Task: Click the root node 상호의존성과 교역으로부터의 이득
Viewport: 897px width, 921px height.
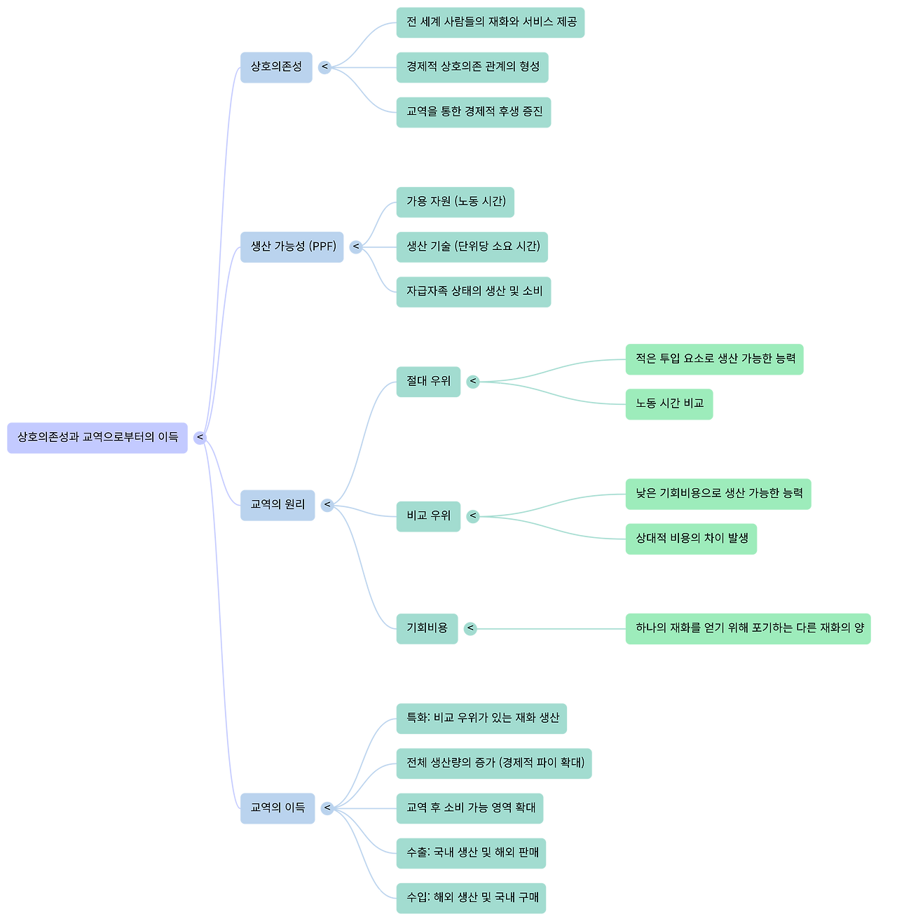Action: point(97,438)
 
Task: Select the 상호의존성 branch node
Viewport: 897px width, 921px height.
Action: point(276,67)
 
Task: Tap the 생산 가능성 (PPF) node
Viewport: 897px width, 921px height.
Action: point(292,247)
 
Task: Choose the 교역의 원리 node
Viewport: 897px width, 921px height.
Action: point(278,504)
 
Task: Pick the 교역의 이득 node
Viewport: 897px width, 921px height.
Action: point(278,808)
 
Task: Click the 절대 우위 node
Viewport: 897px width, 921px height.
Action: point(428,382)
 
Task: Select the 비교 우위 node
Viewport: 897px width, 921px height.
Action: point(428,516)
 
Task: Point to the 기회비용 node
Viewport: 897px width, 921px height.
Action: point(427,628)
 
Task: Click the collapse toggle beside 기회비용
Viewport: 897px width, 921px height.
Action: point(471,628)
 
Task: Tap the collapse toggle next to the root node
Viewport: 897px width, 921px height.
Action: point(200,438)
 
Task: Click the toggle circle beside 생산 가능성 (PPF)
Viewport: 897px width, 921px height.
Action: point(356,247)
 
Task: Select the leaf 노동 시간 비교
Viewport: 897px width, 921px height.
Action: point(669,404)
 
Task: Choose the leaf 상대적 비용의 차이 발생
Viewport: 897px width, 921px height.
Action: point(691,539)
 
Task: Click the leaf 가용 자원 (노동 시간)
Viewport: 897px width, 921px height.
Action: point(455,202)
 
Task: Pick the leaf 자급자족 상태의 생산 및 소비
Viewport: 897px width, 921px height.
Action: point(473,291)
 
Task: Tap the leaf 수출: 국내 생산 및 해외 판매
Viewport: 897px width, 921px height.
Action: point(471,853)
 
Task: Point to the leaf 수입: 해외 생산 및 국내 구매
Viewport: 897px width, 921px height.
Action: point(471,898)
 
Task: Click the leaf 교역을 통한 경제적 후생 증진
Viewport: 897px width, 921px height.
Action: point(473,112)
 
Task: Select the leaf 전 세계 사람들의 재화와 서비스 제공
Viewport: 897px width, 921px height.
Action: point(490,22)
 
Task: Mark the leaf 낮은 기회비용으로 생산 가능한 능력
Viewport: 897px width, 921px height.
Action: point(718,494)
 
